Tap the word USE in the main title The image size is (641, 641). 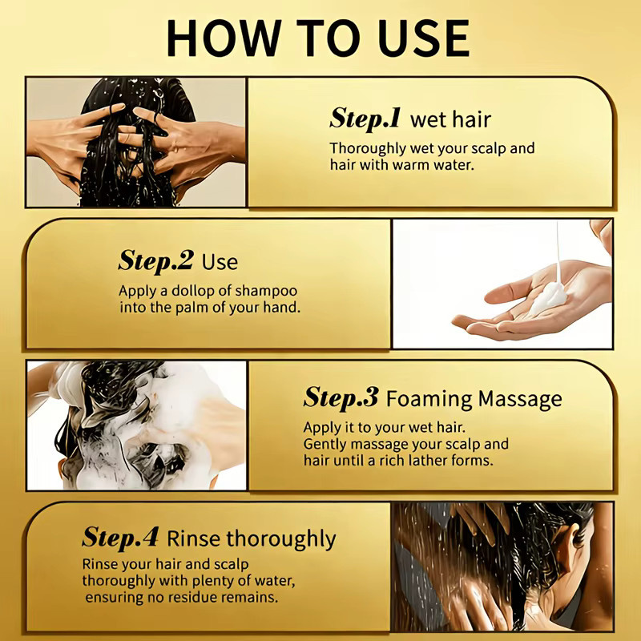pyautogui.click(x=424, y=38)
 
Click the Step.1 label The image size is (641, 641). pyautogui.click(x=365, y=119)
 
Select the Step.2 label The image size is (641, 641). pyautogui.click(x=155, y=261)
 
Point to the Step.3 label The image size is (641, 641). pyautogui.click(x=341, y=397)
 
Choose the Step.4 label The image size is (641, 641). pyautogui.click(x=119, y=537)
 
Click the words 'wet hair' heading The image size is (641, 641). pyautogui.click(x=450, y=119)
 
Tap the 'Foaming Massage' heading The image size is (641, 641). pyautogui.click(x=474, y=398)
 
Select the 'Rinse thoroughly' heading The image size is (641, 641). pyautogui.click(x=252, y=538)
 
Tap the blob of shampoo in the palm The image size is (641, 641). pyautogui.click(x=549, y=298)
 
